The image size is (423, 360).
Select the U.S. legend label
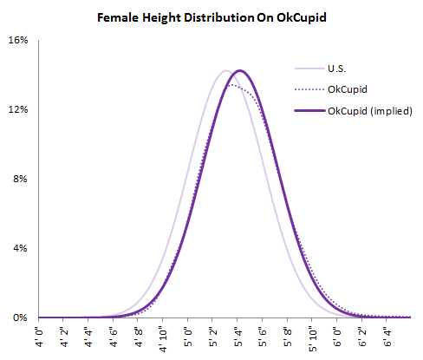[x=340, y=69]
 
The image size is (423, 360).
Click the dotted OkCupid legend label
[x=347, y=89]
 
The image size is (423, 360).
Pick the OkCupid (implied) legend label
[x=369, y=110]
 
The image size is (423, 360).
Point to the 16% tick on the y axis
[x=18, y=41]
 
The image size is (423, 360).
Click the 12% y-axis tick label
[x=18, y=110]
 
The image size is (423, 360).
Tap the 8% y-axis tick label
[x=21, y=180]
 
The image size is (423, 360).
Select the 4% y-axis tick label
[x=21, y=249]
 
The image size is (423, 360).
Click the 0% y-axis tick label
[x=21, y=318]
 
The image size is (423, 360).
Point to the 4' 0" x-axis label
[x=39, y=335]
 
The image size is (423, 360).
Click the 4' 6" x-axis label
[x=114, y=335]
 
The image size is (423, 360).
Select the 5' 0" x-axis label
[x=189, y=335]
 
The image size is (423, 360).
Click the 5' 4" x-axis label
[x=238, y=335]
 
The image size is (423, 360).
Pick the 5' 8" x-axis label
[x=289, y=335]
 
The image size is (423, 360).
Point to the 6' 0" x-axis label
[x=338, y=335]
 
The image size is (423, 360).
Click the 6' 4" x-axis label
[x=388, y=335]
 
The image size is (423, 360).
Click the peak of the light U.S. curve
[x=225, y=70]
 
